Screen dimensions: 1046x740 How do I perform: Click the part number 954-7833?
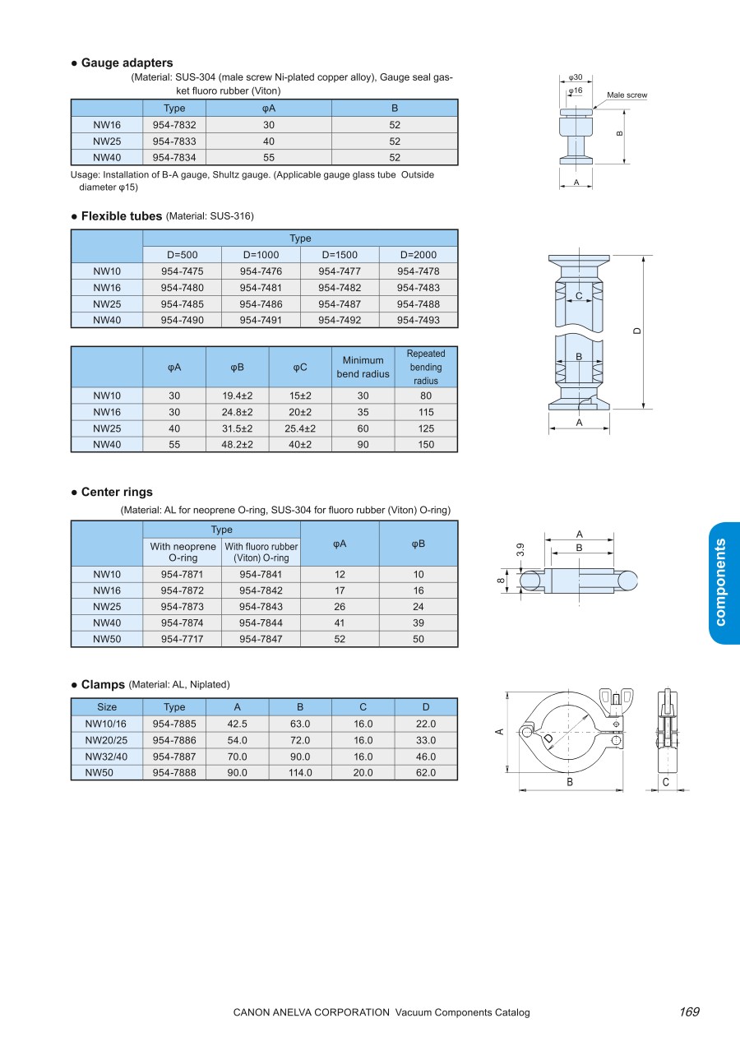[x=174, y=141]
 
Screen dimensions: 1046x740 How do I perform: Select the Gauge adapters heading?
[x=127, y=62]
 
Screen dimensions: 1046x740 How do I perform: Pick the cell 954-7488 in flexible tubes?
[x=419, y=303]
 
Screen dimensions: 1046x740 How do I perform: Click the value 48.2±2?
[x=238, y=444]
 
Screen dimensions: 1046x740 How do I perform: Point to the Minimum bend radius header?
[x=363, y=367]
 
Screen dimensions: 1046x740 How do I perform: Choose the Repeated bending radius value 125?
[x=425, y=428]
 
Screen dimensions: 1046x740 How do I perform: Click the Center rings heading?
[x=116, y=492]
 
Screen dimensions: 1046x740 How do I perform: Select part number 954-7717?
[x=182, y=639]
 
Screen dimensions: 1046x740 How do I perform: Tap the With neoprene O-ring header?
[x=183, y=552]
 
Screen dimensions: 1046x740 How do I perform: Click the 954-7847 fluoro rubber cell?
[x=261, y=639]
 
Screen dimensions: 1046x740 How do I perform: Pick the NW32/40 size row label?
[x=107, y=757]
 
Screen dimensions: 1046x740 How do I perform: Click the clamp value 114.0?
[x=300, y=773]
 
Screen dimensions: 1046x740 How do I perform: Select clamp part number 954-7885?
[x=174, y=724]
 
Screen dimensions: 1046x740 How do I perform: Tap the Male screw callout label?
[x=627, y=95]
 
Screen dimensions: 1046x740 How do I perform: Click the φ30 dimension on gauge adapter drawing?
[x=576, y=77]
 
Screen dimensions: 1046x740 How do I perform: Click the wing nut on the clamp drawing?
[x=615, y=699]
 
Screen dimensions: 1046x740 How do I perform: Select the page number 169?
[x=689, y=1012]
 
